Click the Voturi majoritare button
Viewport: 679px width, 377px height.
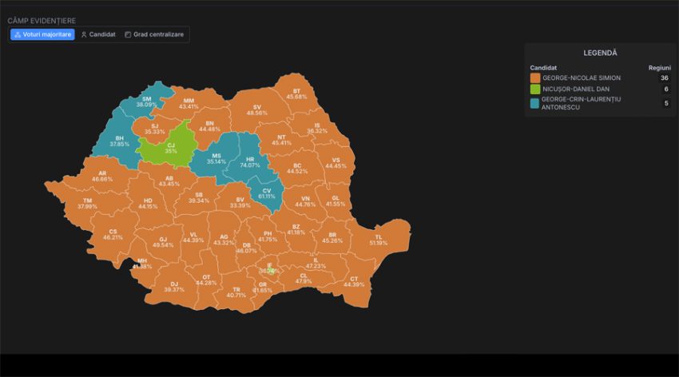[42, 34]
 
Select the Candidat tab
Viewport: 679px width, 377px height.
[98, 34]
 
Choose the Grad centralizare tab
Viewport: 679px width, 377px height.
[154, 34]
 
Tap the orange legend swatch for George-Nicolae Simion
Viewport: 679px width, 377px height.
[534, 77]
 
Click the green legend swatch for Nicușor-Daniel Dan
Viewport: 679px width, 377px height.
[534, 89]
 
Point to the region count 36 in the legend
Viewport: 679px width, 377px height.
[664, 77]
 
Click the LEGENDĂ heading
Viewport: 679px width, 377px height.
[600, 53]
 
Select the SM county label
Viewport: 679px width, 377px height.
[146, 101]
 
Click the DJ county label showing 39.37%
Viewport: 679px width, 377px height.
[173, 286]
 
